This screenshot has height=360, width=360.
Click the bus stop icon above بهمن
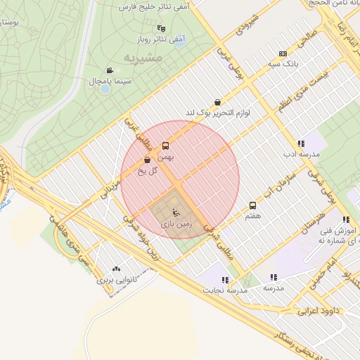(x=165, y=146)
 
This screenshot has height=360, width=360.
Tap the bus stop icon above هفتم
(x=252, y=205)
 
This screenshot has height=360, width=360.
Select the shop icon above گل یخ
(x=146, y=160)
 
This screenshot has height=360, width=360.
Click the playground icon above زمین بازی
(x=176, y=212)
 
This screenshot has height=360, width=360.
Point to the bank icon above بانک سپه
(x=283, y=53)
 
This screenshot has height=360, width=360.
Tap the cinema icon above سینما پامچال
(x=110, y=70)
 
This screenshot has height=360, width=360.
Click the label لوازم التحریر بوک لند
(x=218, y=112)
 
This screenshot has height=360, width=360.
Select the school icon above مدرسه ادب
(x=301, y=143)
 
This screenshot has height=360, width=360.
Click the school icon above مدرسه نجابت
(x=225, y=279)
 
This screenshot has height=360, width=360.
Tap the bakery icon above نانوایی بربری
(x=116, y=269)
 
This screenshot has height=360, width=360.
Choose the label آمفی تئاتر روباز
(x=160, y=39)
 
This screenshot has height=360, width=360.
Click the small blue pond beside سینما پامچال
(x=105, y=89)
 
